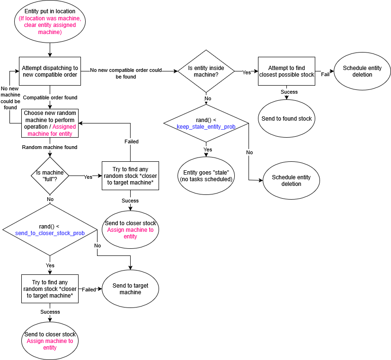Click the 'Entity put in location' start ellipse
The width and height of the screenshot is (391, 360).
(50, 22)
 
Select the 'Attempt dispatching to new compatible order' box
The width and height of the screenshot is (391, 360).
(50, 71)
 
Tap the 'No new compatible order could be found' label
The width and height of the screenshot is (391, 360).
(126, 73)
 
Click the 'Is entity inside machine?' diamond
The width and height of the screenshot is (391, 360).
(206, 71)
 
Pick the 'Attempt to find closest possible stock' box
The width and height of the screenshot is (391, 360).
(286, 71)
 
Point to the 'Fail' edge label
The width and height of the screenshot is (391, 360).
(325, 74)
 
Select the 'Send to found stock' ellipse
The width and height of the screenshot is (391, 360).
(286, 119)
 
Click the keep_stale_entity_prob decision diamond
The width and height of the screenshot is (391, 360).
(206, 123)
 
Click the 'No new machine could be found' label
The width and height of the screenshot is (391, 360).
(10, 98)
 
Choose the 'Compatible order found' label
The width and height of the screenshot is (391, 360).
(50, 97)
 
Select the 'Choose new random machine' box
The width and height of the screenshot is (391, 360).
(50, 123)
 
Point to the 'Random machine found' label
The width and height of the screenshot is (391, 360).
(50, 147)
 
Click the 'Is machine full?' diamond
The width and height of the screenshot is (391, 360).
(50, 176)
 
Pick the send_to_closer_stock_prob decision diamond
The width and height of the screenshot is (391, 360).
(50, 230)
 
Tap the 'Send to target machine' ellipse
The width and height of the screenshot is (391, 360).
(130, 289)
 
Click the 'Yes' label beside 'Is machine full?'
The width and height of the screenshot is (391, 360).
(88, 177)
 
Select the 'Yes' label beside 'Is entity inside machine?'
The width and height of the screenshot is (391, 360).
(247, 72)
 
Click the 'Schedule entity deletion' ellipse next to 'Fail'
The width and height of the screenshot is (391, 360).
(362, 71)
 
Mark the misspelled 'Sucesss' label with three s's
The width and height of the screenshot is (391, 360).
(50, 312)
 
